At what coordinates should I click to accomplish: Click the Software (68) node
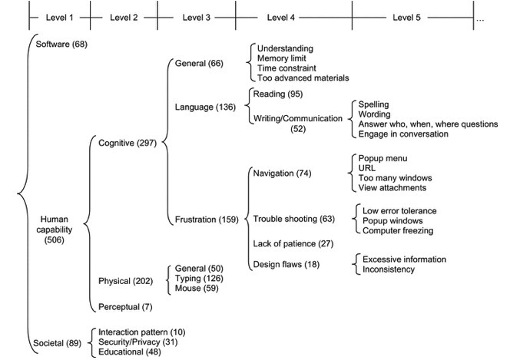click(x=61, y=44)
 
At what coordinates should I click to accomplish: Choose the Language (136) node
click(x=204, y=107)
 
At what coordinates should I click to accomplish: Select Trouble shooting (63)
click(x=294, y=220)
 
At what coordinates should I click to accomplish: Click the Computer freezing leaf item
click(x=397, y=230)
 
